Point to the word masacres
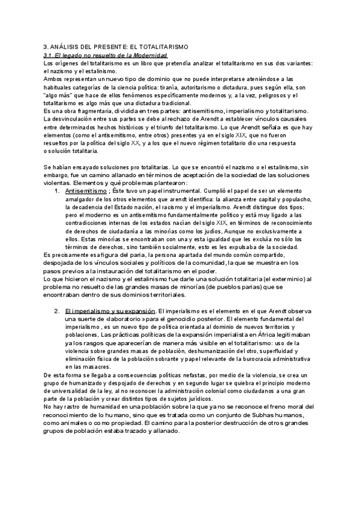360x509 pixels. (96, 367)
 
